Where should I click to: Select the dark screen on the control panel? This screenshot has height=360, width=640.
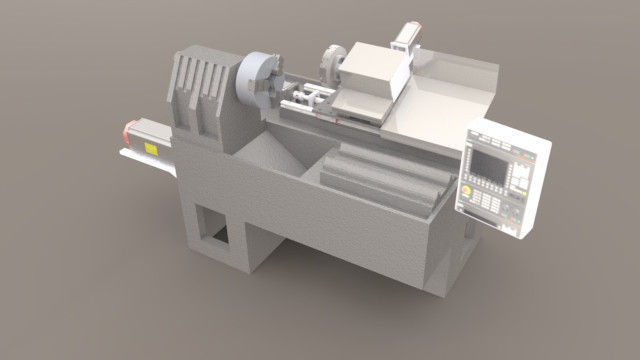(494, 162)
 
